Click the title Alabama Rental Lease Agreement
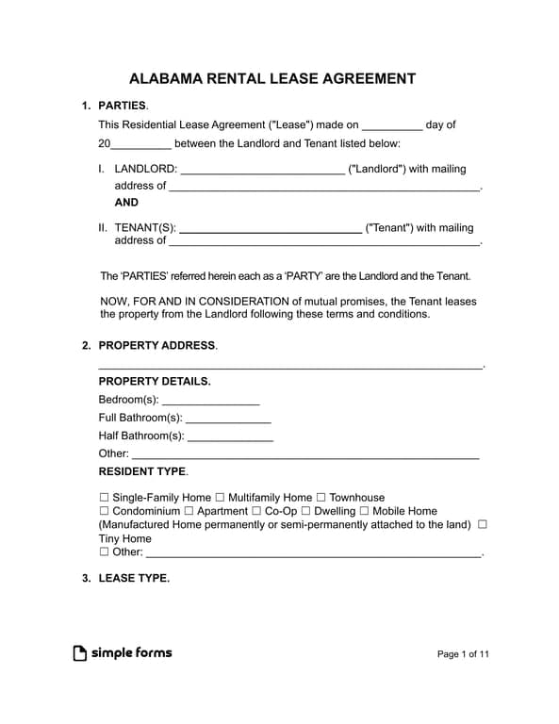[x=271, y=78]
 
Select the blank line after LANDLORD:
[x=261, y=170]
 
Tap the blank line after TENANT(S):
[x=270, y=228]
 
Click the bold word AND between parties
[x=126, y=202]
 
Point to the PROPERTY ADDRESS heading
[x=156, y=346]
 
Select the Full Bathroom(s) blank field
[x=228, y=418]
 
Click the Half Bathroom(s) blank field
[x=230, y=436]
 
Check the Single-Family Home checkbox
[x=105, y=498]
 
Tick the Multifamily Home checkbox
[x=221, y=498]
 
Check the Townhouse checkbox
[x=321, y=498]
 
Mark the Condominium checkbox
[x=105, y=511]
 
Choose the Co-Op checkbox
[x=257, y=511]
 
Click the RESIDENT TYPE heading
[x=142, y=471]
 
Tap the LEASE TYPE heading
[x=134, y=579]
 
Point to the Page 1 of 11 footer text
[x=464, y=654]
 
